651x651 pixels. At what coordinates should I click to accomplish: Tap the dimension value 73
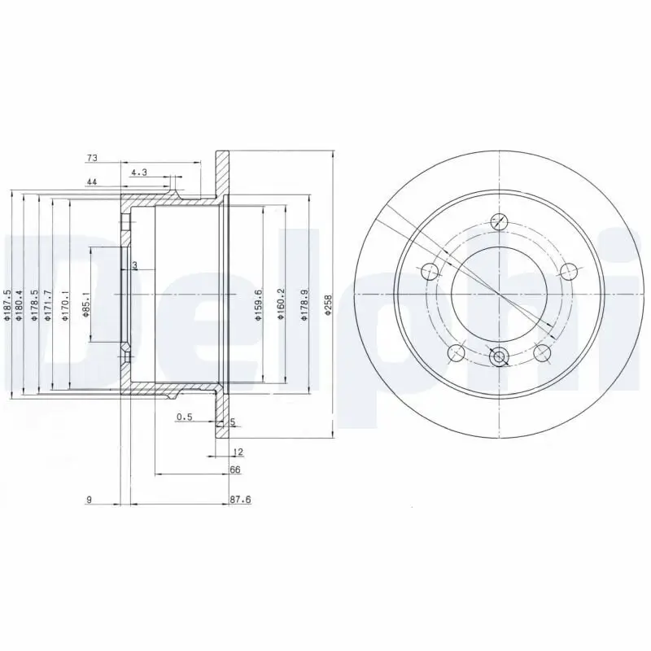click(x=92, y=157)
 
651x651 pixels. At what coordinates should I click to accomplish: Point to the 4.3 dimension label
click(x=138, y=172)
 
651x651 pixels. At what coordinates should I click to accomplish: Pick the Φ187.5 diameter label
click(x=7, y=305)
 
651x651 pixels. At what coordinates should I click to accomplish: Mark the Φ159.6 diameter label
click(x=258, y=305)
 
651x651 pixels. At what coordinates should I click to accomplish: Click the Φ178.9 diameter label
click(x=304, y=305)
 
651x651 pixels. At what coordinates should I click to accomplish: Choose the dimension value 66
click(x=236, y=470)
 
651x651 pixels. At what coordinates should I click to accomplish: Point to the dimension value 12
click(x=238, y=451)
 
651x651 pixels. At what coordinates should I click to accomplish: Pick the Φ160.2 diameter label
click(x=281, y=305)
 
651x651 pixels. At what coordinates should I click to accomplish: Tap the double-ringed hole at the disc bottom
click(x=499, y=355)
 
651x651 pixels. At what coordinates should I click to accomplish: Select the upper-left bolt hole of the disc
click(x=430, y=270)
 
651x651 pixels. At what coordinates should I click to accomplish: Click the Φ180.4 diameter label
click(x=20, y=305)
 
